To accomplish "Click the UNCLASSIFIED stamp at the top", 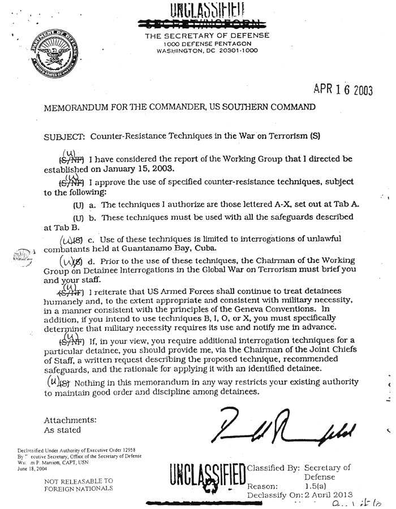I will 207,11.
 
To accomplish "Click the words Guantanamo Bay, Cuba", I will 171,248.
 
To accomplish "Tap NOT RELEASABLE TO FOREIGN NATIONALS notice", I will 79,484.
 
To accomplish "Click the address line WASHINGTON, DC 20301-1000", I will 207,50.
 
